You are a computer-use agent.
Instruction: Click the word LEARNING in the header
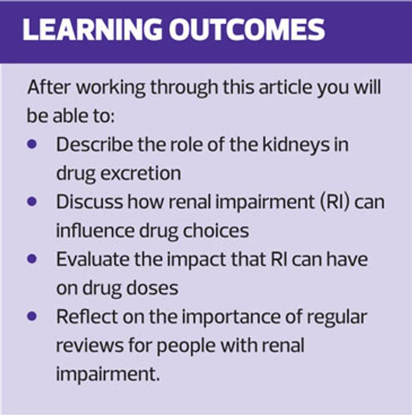(x=91, y=29)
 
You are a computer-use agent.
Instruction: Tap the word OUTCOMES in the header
(x=247, y=29)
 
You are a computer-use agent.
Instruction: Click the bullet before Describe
(x=32, y=144)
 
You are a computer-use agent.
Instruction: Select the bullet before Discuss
(x=32, y=201)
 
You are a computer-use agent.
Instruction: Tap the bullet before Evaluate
(x=32, y=259)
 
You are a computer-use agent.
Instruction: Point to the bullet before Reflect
(x=32, y=316)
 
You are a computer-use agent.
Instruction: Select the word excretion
(x=141, y=174)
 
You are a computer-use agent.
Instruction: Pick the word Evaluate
(x=93, y=259)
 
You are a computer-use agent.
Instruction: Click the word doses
(x=152, y=288)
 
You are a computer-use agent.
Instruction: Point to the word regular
(x=336, y=318)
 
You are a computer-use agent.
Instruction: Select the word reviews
(x=90, y=346)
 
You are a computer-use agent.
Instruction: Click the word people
(x=186, y=347)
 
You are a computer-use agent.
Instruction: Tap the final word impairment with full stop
(x=108, y=374)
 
